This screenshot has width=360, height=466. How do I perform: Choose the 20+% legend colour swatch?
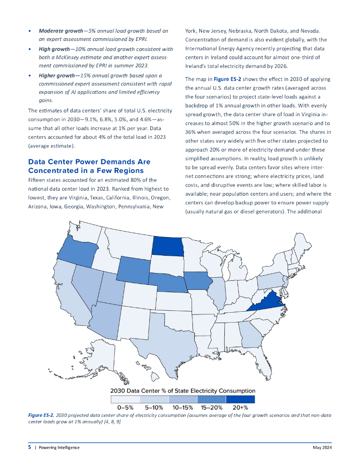(240, 399)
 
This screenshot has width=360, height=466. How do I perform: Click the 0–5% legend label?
(125, 407)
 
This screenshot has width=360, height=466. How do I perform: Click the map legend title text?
(183, 390)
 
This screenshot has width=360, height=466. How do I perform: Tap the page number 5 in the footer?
(30, 447)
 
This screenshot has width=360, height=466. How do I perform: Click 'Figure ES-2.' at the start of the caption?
(41, 415)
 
